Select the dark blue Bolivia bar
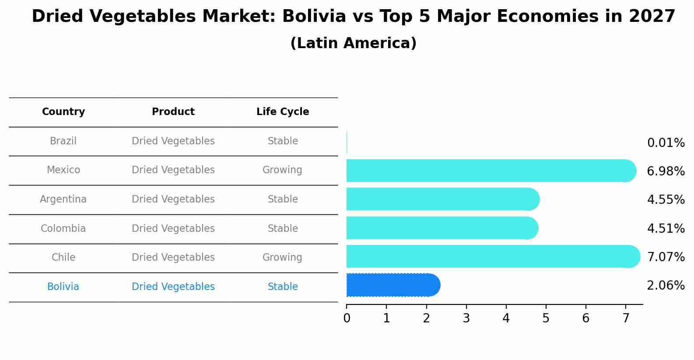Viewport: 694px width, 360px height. (x=393, y=285)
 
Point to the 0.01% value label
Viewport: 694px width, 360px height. (x=666, y=143)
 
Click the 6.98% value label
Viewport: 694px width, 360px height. (x=666, y=171)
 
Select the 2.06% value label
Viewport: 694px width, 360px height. (x=666, y=286)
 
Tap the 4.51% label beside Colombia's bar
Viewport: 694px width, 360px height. (x=666, y=229)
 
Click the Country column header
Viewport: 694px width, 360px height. (x=63, y=112)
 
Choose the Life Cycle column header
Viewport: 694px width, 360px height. (x=283, y=112)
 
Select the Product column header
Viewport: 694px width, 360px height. (x=173, y=112)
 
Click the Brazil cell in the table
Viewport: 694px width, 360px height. (x=63, y=141)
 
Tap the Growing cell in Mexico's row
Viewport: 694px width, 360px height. (x=282, y=170)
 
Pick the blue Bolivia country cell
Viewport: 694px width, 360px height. (x=63, y=287)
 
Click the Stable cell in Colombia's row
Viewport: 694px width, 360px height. (x=283, y=229)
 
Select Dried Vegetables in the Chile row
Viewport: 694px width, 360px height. (x=173, y=258)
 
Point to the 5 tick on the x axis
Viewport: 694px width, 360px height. (x=546, y=318)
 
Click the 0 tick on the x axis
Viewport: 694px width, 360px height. (x=347, y=318)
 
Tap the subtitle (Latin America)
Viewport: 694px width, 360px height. (x=353, y=43)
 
